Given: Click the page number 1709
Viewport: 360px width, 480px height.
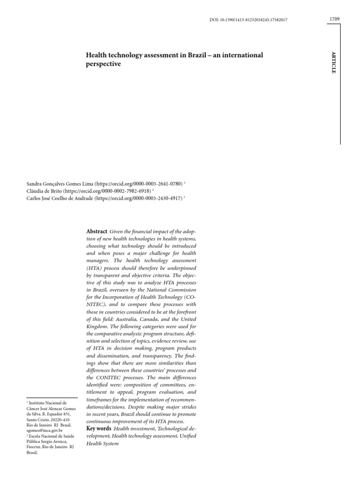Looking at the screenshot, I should (334, 19).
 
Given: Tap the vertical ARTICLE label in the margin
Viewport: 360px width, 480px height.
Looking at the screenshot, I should (334, 63).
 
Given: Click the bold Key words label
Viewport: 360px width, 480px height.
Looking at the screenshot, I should (98, 428).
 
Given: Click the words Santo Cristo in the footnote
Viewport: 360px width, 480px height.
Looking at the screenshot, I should (37, 420).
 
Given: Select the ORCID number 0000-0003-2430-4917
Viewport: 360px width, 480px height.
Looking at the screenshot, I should (157, 198).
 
